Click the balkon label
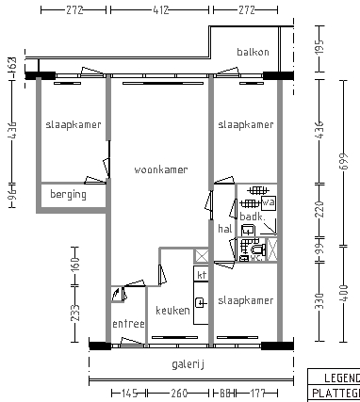point(253,53)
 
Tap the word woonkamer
point(160,170)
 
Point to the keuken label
point(172,311)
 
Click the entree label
point(128,325)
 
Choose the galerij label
point(188,364)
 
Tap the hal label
point(224,229)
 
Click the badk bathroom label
point(251,217)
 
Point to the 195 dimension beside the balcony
point(319,47)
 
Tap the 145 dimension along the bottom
point(128,394)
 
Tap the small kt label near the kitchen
point(201,274)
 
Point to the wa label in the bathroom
point(268,202)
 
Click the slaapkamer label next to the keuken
point(246,300)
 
